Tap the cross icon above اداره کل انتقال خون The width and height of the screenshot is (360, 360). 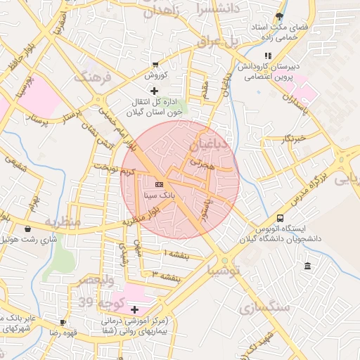(x=155, y=91)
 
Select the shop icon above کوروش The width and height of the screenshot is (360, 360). (x=155, y=64)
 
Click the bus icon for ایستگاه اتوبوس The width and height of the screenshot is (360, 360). (x=281, y=219)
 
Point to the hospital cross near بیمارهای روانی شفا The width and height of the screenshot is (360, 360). (x=134, y=309)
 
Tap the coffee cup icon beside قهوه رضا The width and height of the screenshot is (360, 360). (x=63, y=322)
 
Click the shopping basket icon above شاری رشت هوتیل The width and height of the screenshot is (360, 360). (x=27, y=229)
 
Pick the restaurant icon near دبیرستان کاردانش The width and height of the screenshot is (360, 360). (x=267, y=56)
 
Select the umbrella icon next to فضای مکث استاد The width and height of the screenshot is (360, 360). (x=281, y=15)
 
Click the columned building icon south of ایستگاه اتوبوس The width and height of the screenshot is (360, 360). (x=307, y=266)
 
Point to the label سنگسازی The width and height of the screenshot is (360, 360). (x=264, y=307)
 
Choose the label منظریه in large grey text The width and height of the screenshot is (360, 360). (x=63, y=221)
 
